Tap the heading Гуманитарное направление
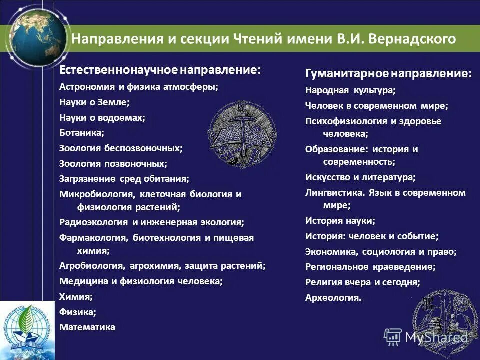click(x=388, y=74)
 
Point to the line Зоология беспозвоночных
click(x=121, y=148)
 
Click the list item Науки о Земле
click(x=94, y=102)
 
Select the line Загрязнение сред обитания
click(x=124, y=178)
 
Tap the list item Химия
click(x=76, y=296)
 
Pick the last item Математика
click(x=87, y=327)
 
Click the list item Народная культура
click(x=350, y=90)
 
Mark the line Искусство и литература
click(x=360, y=177)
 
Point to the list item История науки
click(x=340, y=220)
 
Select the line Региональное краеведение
click(x=370, y=266)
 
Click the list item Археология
click(x=333, y=297)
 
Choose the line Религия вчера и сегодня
click(x=362, y=282)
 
